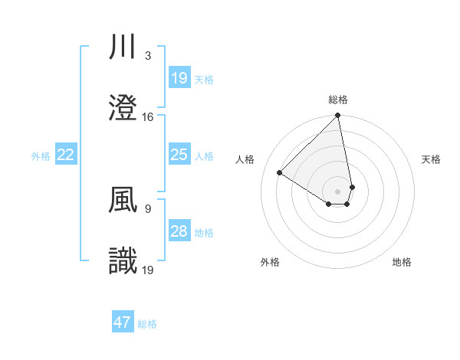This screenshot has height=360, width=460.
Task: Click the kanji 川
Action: [123, 47]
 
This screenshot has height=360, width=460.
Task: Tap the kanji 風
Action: [123, 200]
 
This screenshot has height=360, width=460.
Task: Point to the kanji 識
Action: [123, 261]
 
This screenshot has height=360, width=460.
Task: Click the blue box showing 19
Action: [179, 77]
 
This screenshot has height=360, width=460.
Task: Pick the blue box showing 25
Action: [179, 155]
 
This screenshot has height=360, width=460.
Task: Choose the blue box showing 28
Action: [179, 231]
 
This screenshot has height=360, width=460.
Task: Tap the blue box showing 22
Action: [66, 155]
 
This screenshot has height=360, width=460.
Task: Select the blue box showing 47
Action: [123, 322]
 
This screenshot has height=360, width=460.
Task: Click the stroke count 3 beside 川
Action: [147, 56]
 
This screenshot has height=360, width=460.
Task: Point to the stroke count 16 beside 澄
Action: [148, 117]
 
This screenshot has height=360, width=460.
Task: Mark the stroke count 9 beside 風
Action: [147, 208]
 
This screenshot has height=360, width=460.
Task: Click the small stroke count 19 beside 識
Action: [148, 270]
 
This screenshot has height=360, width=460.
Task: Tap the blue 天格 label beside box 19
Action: [204, 79]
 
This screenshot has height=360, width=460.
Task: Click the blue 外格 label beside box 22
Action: [41, 156]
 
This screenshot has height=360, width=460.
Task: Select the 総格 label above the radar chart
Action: [338, 100]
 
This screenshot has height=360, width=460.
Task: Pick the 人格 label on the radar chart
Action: [245, 159]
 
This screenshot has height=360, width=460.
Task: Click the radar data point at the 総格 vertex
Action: [338, 116]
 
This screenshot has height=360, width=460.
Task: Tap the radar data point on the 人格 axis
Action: [280, 173]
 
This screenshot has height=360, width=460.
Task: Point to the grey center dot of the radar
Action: [338, 191]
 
